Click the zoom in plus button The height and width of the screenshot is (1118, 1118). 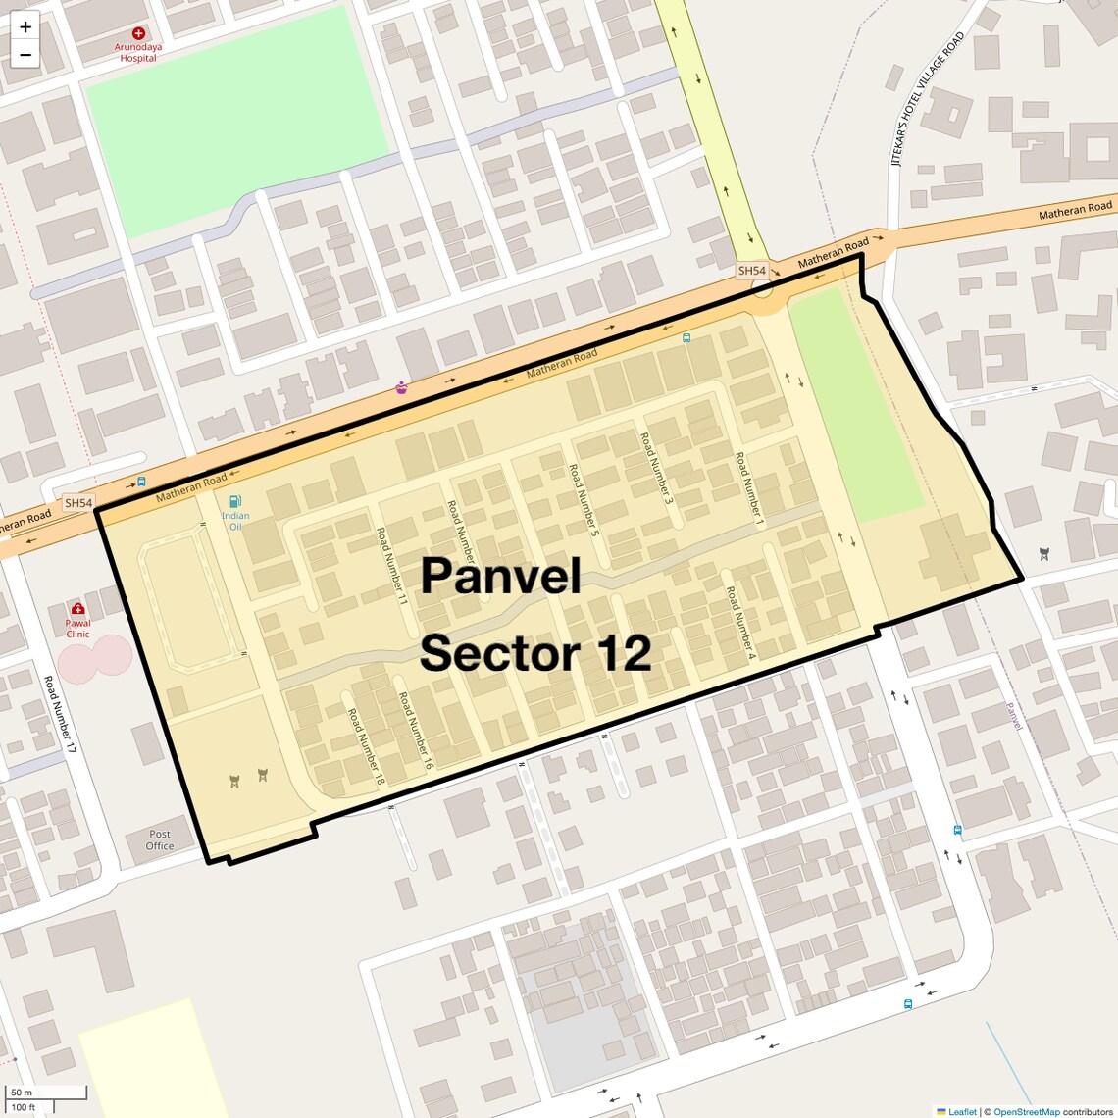click(x=25, y=27)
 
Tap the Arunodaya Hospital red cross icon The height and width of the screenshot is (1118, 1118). click(x=138, y=33)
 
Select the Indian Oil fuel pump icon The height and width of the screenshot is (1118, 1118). click(x=235, y=502)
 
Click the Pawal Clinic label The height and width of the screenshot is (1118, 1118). click(x=78, y=628)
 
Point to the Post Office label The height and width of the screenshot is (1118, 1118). click(x=160, y=839)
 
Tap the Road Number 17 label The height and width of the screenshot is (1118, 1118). click(x=60, y=714)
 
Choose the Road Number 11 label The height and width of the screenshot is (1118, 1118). click(x=391, y=566)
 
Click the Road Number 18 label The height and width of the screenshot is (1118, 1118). click(x=366, y=746)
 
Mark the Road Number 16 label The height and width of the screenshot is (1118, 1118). click(x=416, y=731)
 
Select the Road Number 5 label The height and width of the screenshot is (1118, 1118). click(x=584, y=500)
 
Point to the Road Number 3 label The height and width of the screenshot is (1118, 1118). click(x=657, y=469)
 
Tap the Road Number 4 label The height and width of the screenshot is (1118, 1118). click(x=740, y=621)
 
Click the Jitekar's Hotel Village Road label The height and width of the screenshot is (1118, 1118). click(x=928, y=99)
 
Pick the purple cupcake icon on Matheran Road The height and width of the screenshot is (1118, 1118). click(x=401, y=388)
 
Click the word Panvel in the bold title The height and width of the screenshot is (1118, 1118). click(x=500, y=576)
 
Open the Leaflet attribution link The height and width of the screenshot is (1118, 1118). click(x=962, y=1111)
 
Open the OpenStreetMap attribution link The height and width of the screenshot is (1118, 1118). click(x=1026, y=1111)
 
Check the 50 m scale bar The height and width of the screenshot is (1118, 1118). click(x=47, y=1093)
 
